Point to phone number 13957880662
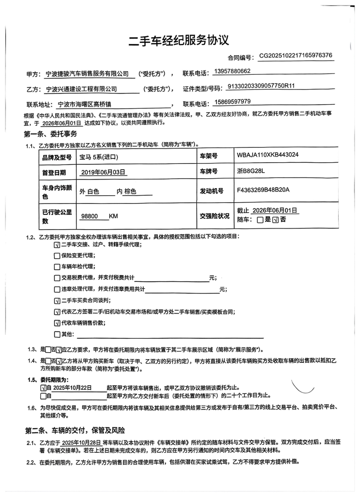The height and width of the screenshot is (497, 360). tap(232, 71)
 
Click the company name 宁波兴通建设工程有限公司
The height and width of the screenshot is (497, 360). tap(81, 89)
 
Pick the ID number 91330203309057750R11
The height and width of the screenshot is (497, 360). tap(261, 86)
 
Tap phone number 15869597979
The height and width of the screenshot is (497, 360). tap(233, 102)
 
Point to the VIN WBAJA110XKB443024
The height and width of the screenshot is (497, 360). tap(267, 155)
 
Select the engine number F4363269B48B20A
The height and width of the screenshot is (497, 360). tap(263, 190)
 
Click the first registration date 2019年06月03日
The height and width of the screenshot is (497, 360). tap(103, 173)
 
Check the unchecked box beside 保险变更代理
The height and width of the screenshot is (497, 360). tap(57, 256)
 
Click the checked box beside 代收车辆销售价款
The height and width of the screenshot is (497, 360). tap(57, 323)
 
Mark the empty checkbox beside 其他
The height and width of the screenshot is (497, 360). tap(57, 334)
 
